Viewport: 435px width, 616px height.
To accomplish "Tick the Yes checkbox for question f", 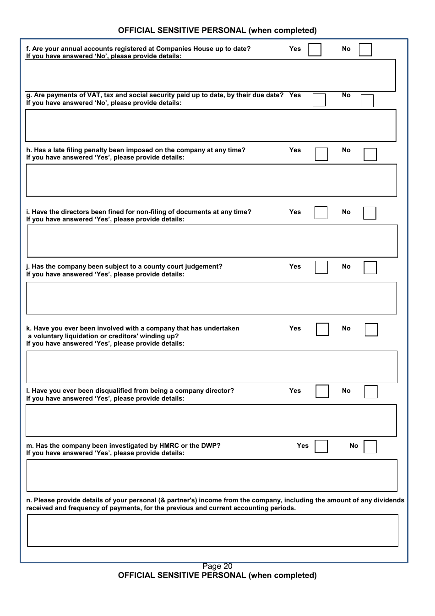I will pos(315,49).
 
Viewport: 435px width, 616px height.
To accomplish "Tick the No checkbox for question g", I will pos(367,101).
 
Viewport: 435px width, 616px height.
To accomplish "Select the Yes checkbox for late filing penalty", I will pos(321,154).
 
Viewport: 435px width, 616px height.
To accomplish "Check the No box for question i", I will pos(370,213).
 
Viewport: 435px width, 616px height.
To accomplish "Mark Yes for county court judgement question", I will pos(321,267).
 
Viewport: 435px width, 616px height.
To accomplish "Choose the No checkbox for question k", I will pos(371,330).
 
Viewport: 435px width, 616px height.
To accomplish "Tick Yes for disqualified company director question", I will pos(322,391).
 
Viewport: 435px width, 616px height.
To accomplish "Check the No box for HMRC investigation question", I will pos(370,447).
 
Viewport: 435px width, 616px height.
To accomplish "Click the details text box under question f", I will pos(210,75).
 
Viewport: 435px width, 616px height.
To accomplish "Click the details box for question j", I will pos(211,298).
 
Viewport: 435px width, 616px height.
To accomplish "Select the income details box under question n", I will pos(212,530).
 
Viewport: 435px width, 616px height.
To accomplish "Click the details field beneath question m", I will pos(212,475).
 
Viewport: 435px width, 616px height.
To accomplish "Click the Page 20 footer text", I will pos(217,566).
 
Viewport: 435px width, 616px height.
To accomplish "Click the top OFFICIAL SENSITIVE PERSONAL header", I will pos(217,30).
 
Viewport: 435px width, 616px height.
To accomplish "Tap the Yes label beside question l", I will pos(295,390).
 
